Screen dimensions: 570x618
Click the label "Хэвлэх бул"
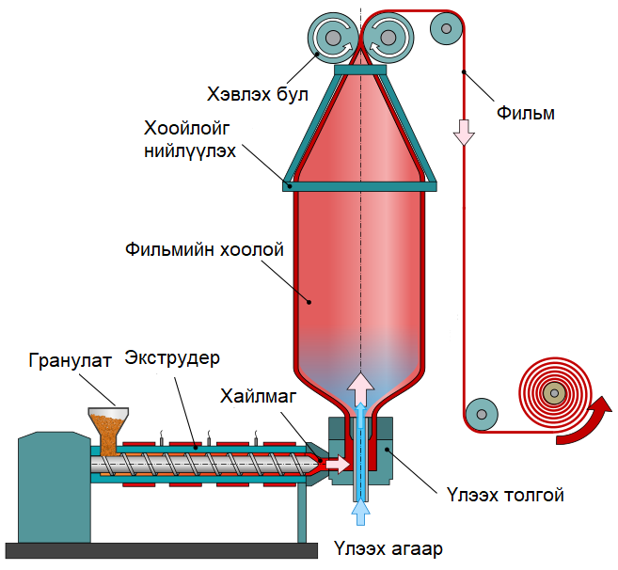(251, 94)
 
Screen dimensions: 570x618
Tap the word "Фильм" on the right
(525, 114)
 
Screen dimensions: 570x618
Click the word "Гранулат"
(70, 359)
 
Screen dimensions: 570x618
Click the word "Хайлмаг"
(259, 396)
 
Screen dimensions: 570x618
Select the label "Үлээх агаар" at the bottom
(388, 548)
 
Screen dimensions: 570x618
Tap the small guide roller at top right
(443, 29)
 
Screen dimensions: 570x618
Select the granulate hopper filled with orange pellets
(108, 429)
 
